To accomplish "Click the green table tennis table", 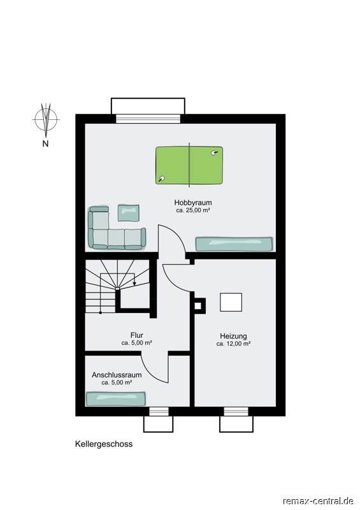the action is pos(189,165).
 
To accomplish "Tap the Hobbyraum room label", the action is pos(193,203).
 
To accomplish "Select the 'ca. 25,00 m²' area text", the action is pos(193,210).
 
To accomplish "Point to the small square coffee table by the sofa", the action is pos(129,213).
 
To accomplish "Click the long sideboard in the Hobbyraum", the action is pos(234,244).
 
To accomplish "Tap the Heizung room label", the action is pos(233,336).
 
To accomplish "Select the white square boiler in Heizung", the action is pos(231,302).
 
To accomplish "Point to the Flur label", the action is pos(136,335).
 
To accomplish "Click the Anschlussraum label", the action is pos(117,375).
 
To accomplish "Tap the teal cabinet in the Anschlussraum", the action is pos(116,399).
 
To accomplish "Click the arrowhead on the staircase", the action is pos(134,284).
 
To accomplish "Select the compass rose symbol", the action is pos(46,120).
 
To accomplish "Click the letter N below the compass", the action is pos(45,143).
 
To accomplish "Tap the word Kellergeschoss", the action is pos(104,444).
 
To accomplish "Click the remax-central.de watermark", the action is pos(318,500).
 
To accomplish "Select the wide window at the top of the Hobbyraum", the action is pos(148,119).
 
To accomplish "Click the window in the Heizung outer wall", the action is pos(236,411).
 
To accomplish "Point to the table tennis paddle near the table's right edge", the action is pos(214,152).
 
